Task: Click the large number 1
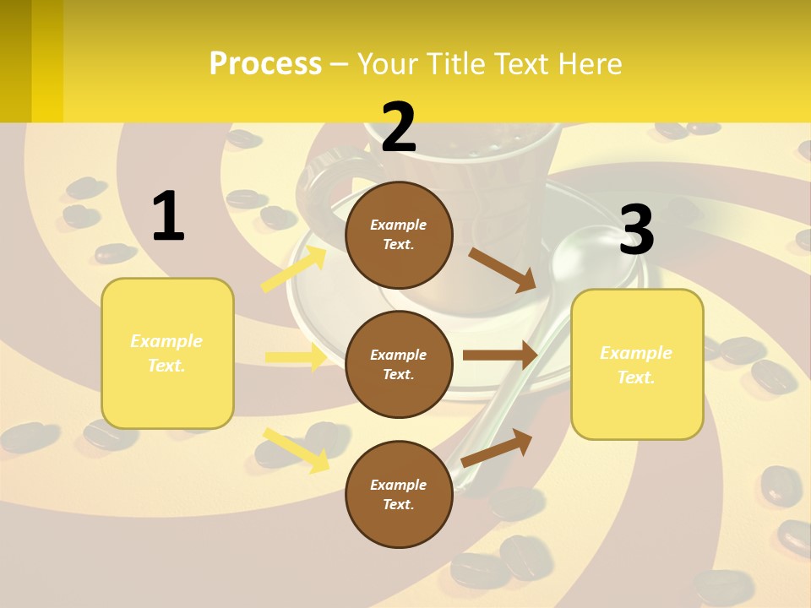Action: pos(168,216)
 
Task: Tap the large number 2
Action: pos(398,128)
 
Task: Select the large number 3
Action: pos(637,231)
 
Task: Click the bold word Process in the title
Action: pos(265,63)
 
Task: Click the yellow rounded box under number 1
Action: pos(167,353)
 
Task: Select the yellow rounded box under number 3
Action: pos(637,364)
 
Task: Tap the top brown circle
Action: pos(399,235)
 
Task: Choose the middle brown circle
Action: pos(399,364)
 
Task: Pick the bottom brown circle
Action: pos(399,494)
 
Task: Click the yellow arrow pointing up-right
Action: pos(294,269)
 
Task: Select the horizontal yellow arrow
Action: pos(296,357)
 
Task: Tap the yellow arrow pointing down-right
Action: pos(296,449)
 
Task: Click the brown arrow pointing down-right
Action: pos(503,269)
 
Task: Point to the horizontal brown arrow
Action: pos(500,356)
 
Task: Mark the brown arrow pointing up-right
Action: pos(498,448)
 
